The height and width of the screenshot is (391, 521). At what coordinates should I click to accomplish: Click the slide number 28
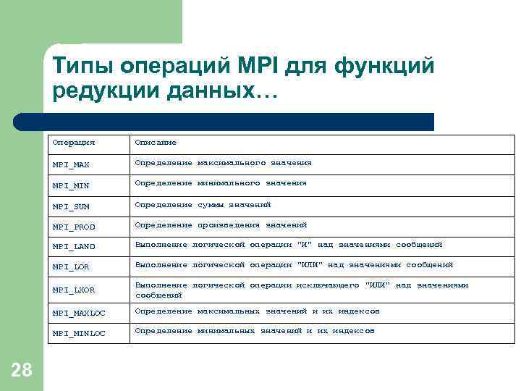(x=22, y=370)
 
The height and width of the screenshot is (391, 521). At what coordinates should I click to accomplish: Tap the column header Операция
(x=73, y=143)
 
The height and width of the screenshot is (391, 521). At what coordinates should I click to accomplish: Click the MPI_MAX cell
(x=70, y=165)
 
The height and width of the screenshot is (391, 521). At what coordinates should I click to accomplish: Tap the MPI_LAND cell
(x=73, y=247)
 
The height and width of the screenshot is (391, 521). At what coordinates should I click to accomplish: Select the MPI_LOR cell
(x=70, y=267)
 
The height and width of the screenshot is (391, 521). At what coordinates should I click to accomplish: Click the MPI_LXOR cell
(x=73, y=290)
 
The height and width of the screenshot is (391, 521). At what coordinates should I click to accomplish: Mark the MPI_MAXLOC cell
(x=78, y=314)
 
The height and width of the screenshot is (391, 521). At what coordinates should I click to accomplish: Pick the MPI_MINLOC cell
(x=78, y=333)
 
